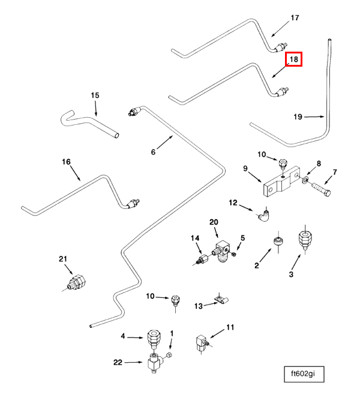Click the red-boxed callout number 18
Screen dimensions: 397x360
(293, 59)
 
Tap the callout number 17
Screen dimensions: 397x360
(295, 18)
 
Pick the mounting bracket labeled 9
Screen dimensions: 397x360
(279, 183)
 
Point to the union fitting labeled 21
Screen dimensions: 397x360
(77, 281)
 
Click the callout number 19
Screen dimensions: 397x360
(298, 117)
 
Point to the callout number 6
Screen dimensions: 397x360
(153, 152)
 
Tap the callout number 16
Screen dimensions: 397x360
(66, 162)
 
